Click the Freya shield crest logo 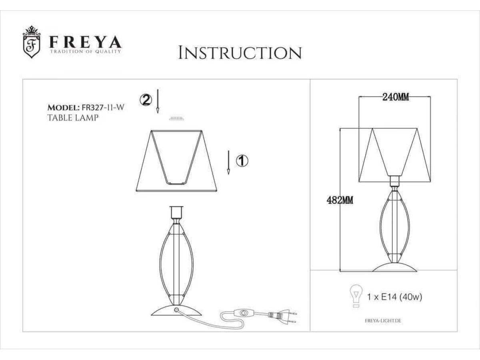(x=32, y=42)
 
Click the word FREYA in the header (x=86, y=42)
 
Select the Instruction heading (x=240, y=53)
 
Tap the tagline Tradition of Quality (x=86, y=51)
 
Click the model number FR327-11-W (x=103, y=107)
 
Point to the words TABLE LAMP (x=73, y=118)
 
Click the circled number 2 (x=146, y=100)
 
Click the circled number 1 (x=242, y=161)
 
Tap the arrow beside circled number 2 (x=158, y=101)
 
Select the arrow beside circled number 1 (x=228, y=162)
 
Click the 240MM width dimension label (x=396, y=97)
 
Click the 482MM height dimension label (x=340, y=200)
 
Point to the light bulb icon (x=356, y=296)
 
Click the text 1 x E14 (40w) (x=394, y=297)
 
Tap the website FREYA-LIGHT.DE (x=383, y=321)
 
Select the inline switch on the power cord (x=243, y=313)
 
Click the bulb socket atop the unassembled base (x=176, y=212)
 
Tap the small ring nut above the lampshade (x=176, y=118)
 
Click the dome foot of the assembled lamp (x=394, y=267)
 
